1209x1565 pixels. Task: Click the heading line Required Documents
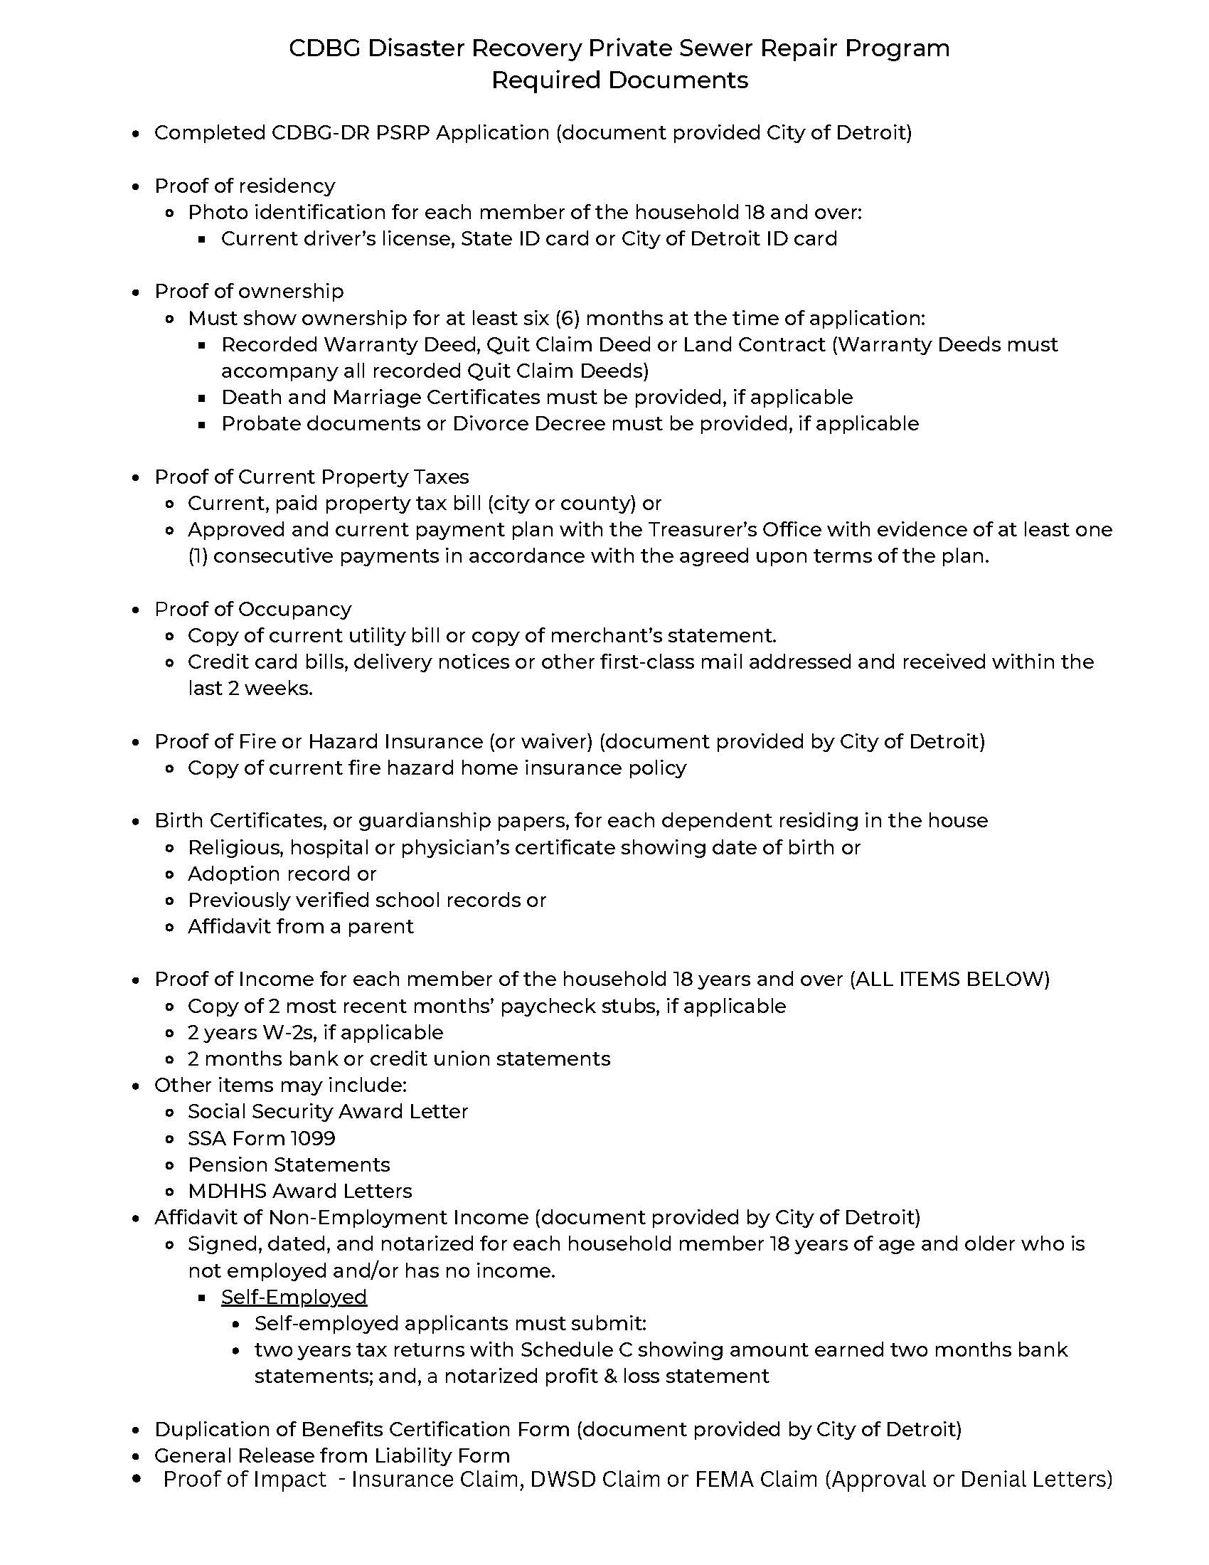(619, 80)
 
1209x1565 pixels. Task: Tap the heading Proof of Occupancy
(253, 609)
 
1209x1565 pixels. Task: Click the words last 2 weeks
(250, 689)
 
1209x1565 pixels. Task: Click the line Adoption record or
(282, 874)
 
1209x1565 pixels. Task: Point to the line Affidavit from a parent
(300, 926)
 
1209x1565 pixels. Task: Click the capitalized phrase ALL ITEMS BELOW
(949, 979)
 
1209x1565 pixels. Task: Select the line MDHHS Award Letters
(299, 1191)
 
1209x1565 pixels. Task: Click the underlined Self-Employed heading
(294, 1297)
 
